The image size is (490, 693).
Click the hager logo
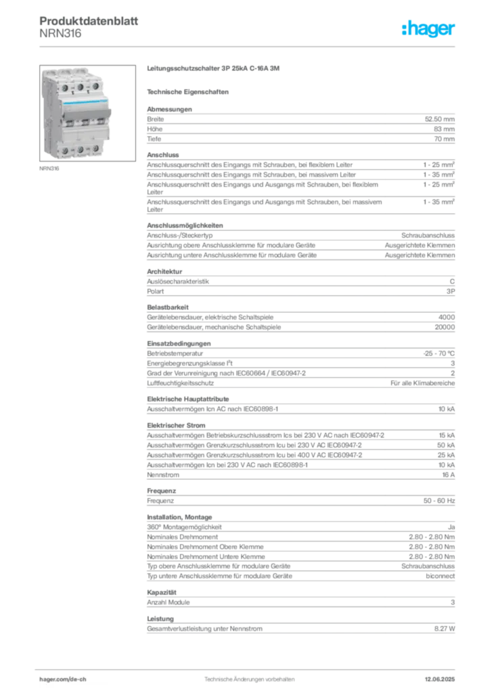(428, 28)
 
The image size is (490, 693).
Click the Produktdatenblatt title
(89, 21)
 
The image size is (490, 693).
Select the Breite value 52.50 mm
(440, 119)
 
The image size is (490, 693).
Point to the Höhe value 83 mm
(444, 129)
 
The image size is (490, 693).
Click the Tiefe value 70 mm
(444, 139)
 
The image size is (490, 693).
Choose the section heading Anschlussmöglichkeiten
(185, 225)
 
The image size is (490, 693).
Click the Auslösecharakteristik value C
(452, 282)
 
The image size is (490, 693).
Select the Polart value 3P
(451, 291)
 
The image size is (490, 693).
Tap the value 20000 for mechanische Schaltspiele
(445, 327)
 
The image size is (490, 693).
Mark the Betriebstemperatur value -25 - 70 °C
(439, 353)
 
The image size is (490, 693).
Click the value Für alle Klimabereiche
(422, 383)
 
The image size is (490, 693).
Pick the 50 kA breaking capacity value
(446, 445)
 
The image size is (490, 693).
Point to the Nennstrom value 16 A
(449, 474)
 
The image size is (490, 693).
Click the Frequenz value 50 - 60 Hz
(439, 501)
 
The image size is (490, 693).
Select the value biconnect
(440, 576)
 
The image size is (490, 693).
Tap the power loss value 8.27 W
(445, 629)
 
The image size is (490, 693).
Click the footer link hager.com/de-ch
(63, 679)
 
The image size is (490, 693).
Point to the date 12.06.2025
(440, 679)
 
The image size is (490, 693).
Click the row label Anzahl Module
(169, 602)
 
